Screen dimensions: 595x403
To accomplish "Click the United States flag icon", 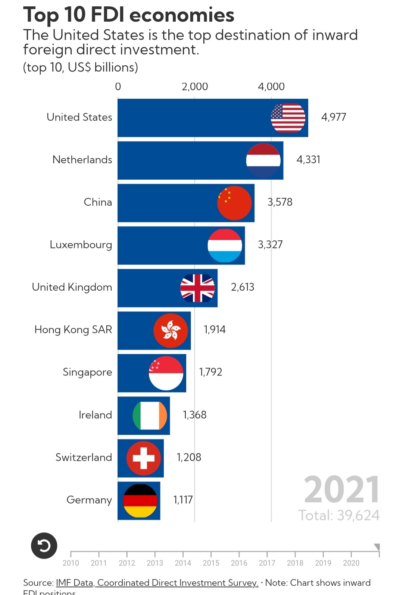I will (288, 118).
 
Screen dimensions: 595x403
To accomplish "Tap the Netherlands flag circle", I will (263, 160).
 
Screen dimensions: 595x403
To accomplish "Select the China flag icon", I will (234, 203).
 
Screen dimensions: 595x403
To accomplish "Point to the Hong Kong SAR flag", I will (171, 330).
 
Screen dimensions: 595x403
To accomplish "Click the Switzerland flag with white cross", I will (144, 458).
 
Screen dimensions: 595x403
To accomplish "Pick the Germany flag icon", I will (140, 501).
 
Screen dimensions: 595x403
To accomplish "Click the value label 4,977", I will (334, 117).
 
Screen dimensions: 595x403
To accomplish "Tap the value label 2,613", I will (243, 287).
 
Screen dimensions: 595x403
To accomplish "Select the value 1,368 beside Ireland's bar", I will (194, 415).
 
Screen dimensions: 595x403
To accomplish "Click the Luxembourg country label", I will (81, 245).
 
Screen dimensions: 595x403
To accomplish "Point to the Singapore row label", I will (87, 372).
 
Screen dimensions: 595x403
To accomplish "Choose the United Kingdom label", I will (72, 287).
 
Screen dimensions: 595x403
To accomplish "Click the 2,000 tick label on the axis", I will (195, 87).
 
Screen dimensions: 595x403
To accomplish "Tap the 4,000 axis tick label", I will (271, 87).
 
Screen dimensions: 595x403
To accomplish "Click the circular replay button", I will (44, 546).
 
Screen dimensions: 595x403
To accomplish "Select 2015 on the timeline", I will (211, 563).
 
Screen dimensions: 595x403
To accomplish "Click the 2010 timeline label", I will (71, 563).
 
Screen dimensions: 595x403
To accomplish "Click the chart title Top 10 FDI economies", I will (129, 15).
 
